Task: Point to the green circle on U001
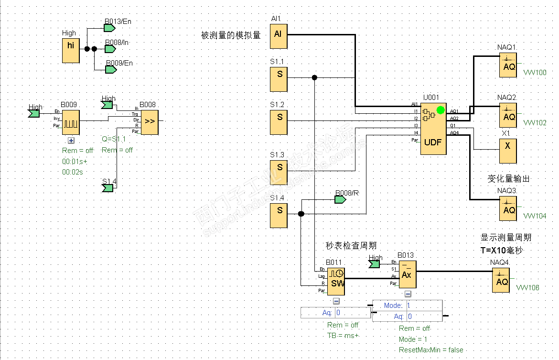[x=441, y=110]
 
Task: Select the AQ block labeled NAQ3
[x=508, y=208]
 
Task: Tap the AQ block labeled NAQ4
[x=501, y=280]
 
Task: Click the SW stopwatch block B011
[x=336, y=280]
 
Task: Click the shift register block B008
[x=150, y=121]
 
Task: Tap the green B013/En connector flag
[x=110, y=28]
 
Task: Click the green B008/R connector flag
[x=340, y=199]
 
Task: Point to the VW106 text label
[x=527, y=288]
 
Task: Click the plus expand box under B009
[x=71, y=141]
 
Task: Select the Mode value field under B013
[x=423, y=305]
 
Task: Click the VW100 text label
[x=535, y=73]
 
